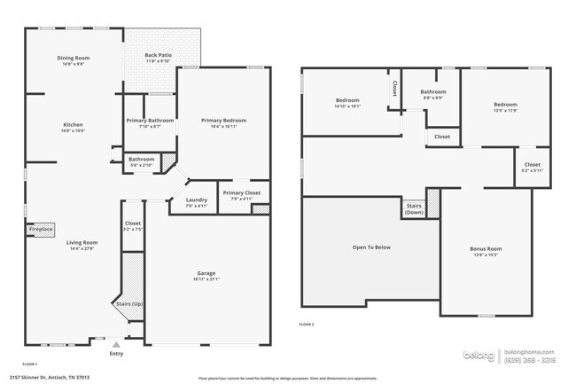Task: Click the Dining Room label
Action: pyautogui.click(x=74, y=58)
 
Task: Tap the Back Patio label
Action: pyautogui.click(x=158, y=55)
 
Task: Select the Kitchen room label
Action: pyautogui.click(x=73, y=125)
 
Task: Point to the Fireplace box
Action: pyautogui.click(x=41, y=229)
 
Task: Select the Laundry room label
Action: pyautogui.click(x=196, y=200)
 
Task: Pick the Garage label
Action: pyautogui.click(x=206, y=273)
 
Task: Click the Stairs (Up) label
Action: pyautogui.click(x=129, y=303)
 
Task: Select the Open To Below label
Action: pyautogui.click(x=371, y=247)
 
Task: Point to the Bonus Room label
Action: pyautogui.click(x=486, y=249)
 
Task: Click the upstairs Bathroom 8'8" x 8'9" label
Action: pyautogui.click(x=433, y=91)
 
